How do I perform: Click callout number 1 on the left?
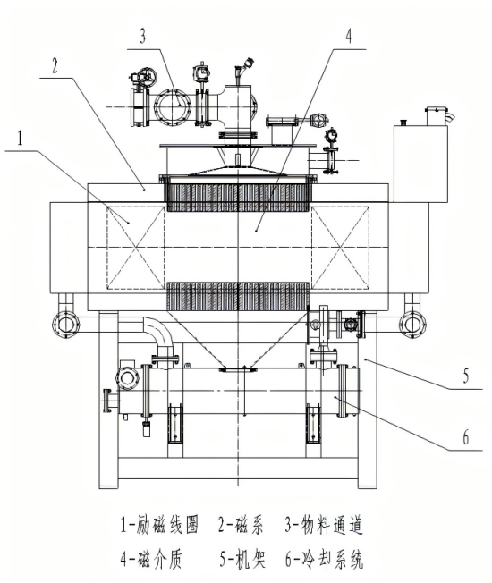[20, 138]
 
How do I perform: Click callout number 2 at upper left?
[55, 65]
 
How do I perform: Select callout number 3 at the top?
[143, 36]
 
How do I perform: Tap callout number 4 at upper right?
[349, 36]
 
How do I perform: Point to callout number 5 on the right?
[465, 376]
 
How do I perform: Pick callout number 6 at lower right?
[465, 437]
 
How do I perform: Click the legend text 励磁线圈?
[167, 525]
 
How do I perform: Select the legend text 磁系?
[250, 525]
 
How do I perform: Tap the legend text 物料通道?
[331, 525]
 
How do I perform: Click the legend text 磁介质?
[160, 559]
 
